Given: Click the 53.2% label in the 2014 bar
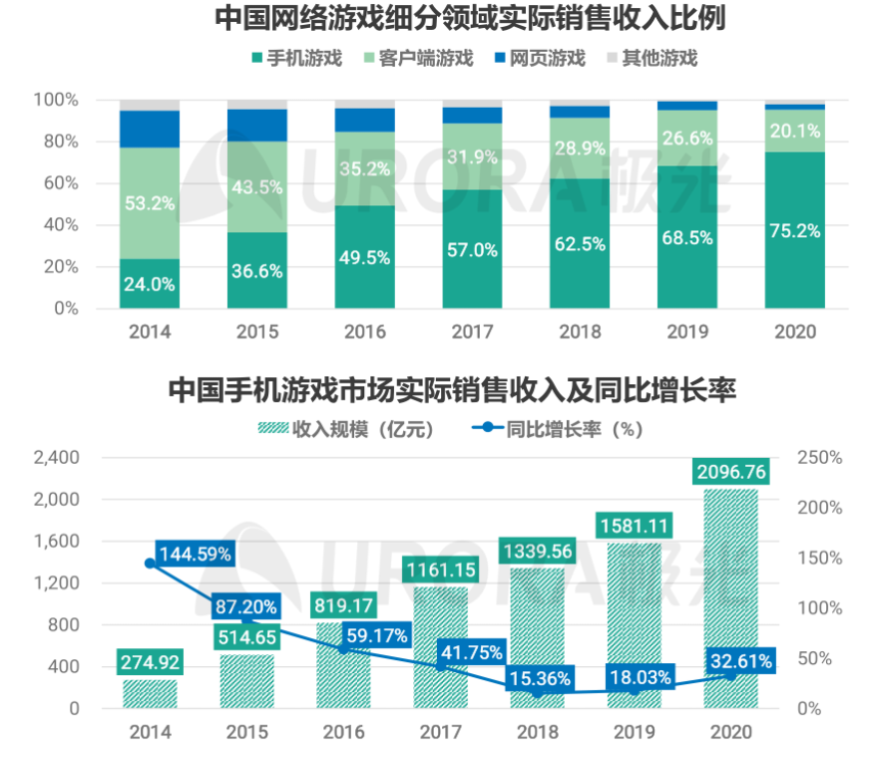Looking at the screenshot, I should point(150,203).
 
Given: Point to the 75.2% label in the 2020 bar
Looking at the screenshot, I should point(795,230).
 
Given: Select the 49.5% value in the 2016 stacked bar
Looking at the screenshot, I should point(364,258).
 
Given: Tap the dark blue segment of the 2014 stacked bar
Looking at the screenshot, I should point(150,129).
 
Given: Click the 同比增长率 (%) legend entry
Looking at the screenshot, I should point(559,429).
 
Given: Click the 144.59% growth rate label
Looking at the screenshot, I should point(195,552).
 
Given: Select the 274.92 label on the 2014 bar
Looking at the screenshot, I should point(150,661).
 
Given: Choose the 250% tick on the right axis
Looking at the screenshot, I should point(823,458).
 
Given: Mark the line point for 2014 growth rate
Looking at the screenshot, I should point(150,564).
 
